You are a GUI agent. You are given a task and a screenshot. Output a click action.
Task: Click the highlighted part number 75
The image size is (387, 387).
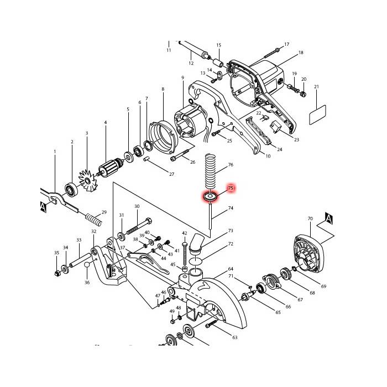(231, 189)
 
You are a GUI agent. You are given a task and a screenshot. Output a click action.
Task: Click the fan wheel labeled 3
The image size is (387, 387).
(86, 180)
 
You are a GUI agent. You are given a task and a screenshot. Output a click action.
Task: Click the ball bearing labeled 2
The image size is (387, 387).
(71, 190)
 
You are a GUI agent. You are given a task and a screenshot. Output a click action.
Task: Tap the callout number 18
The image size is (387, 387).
(301, 53)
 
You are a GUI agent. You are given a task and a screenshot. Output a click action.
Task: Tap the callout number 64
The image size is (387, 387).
(231, 269)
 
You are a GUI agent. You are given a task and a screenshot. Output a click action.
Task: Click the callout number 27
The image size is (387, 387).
(171, 175)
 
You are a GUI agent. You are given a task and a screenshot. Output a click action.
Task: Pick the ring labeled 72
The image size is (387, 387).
(198, 260)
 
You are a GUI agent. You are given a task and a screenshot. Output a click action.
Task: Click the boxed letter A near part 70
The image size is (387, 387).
(328, 218)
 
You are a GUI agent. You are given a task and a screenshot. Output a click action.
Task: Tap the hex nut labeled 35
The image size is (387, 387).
(57, 273)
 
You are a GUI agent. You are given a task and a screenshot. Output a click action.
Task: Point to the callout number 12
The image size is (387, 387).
(191, 64)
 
